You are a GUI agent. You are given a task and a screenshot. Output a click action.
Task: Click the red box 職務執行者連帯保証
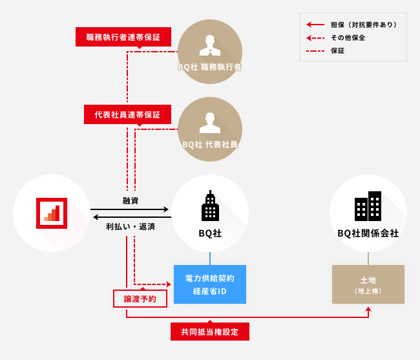tap(123, 37)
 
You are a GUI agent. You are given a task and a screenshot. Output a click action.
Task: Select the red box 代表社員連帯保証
tap(127, 114)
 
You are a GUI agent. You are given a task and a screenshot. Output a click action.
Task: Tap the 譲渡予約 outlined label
tap(140, 299)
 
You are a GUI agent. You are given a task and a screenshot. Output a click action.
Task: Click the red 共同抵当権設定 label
tap(210, 332)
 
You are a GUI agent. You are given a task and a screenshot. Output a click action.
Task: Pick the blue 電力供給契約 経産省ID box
tap(210, 284)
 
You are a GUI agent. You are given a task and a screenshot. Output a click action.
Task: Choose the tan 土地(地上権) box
tap(368, 284)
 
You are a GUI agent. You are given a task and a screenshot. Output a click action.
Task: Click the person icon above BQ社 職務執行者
tap(210, 45)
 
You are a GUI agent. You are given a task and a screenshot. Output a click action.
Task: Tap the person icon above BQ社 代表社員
tap(210, 122)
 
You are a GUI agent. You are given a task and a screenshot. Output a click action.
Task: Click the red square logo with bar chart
tap(52, 213)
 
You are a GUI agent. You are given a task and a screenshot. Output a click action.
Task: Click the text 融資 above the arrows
tap(131, 200)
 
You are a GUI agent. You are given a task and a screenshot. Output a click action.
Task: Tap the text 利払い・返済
tap(131, 227)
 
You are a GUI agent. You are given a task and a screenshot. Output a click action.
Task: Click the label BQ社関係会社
tap(368, 233)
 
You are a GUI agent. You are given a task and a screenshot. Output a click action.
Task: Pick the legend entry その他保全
tap(348, 37)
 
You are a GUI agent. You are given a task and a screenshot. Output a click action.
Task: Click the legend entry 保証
tap(338, 50)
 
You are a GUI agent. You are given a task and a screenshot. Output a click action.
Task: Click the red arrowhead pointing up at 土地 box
tap(368, 310)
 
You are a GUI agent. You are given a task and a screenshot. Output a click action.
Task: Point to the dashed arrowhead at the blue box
tap(169, 284)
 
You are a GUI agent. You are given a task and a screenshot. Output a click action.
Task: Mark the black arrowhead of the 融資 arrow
tap(166, 209)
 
